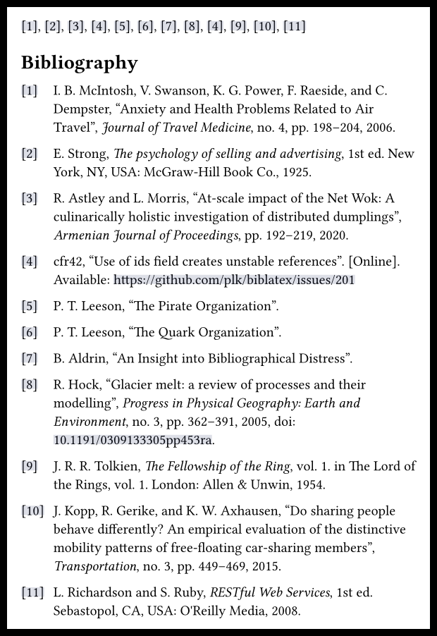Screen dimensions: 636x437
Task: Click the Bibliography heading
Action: (x=79, y=63)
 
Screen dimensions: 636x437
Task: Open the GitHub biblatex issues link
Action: (x=234, y=280)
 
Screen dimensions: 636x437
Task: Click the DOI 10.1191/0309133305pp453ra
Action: (x=133, y=440)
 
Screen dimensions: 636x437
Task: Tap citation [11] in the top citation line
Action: (x=294, y=27)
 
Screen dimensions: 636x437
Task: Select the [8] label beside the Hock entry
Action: (x=29, y=385)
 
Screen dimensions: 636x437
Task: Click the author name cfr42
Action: (x=70, y=262)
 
